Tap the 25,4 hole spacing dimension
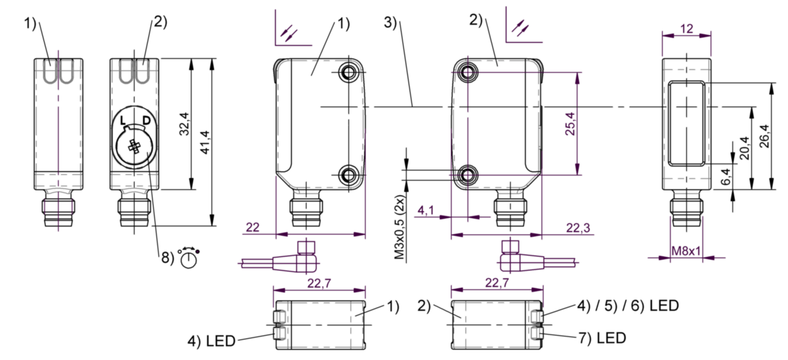(569, 123)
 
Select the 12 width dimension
(687, 29)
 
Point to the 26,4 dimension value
(764, 137)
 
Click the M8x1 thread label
(687, 251)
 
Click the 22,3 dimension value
(578, 227)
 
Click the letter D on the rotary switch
(145, 120)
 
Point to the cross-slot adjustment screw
(135, 148)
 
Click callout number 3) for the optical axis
(392, 22)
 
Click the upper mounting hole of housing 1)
(348, 71)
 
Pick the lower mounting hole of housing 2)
(467, 174)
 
